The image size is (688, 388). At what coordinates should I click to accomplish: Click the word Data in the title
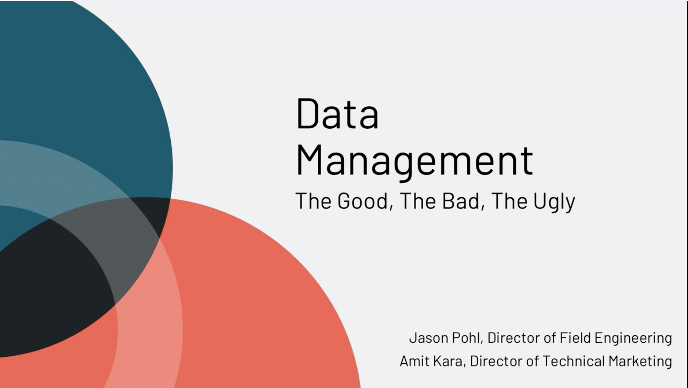337,114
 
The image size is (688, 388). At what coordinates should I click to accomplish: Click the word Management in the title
415,162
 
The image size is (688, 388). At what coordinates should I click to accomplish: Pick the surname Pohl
468,338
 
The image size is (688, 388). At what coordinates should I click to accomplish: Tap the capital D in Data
306,114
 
